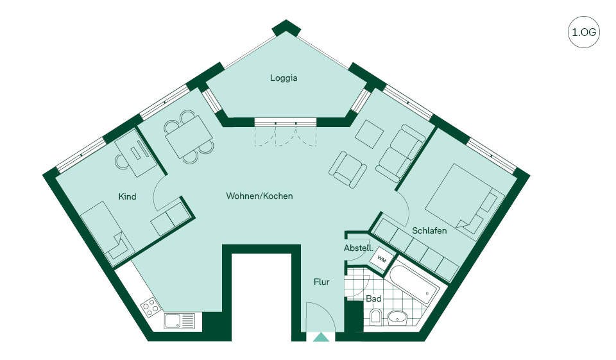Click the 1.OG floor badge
[x=584, y=32]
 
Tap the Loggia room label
[x=284, y=78]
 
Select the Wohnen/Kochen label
[x=259, y=196]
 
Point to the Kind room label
[x=127, y=196]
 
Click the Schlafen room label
[x=429, y=230]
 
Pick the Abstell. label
[x=358, y=248]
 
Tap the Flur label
[x=321, y=282]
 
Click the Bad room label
[x=373, y=298]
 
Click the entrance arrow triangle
[x=321, y=337]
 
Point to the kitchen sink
[x=180, y=321]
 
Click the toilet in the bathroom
[x=375, y=317]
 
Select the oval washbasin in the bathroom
[x=397, y=317]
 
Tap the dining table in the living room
[x=189, y=137]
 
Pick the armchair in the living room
[x=348, y=169]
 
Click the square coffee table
[x=370, y=133]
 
